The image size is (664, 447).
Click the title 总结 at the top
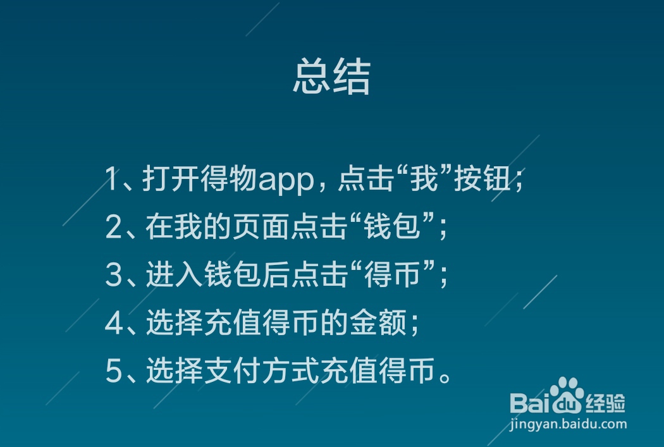pyautogui.click(x=331, y=78)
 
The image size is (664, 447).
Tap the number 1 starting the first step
pyautogui.click(x=111, y=180)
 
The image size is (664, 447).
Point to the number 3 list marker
pyautogui.click(x=113, y=276)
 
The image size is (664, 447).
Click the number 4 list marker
pyautogui.click(x=113, y=324)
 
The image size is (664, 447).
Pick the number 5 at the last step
pyautogui.click(x=113, y=372)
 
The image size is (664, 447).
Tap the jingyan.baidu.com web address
pyautogui.click(x=568, y=424)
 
